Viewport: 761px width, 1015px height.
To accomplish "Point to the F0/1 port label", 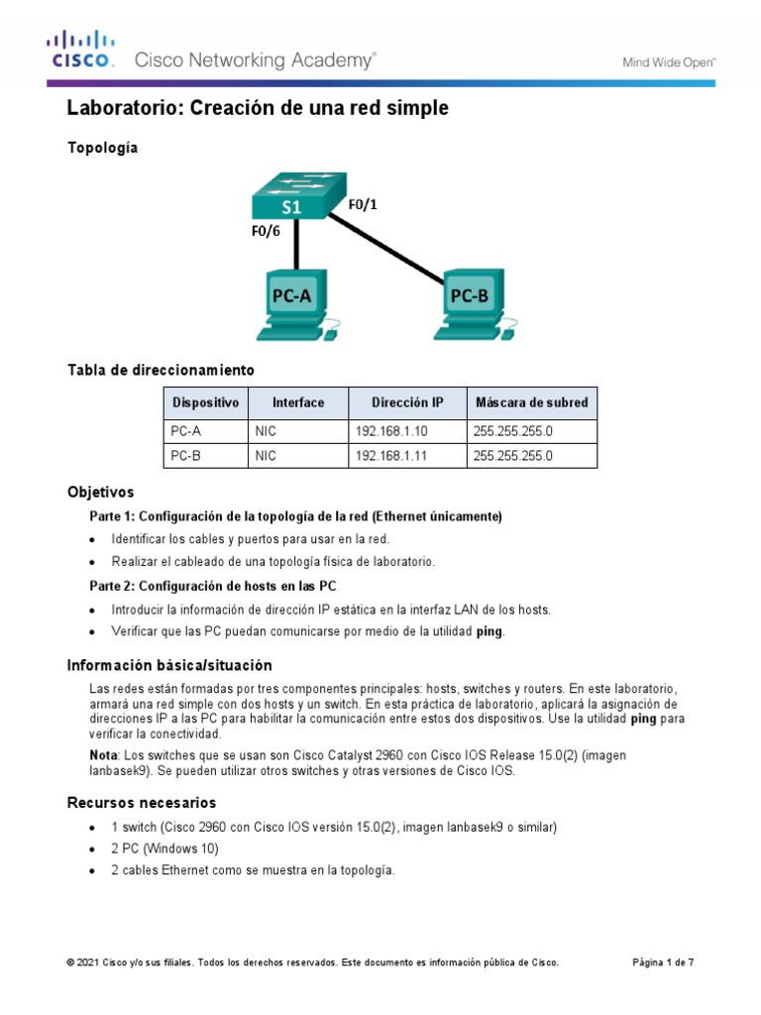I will [x=363, y=205].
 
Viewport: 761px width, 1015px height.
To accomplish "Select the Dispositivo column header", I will [x=205, y=402].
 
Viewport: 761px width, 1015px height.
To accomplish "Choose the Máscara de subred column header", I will [x=531, y=402].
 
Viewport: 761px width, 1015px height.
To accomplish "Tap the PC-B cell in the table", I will [x=185, y=456].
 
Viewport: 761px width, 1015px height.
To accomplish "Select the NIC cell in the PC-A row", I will [x=266, y=431].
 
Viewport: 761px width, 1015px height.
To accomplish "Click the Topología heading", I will [x=102, y=148].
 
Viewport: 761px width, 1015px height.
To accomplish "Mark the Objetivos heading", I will [x=100, y=492].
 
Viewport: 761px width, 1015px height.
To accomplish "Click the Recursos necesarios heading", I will [x=141, y=802].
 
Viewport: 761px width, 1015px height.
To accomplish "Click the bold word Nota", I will [x=104, y=755].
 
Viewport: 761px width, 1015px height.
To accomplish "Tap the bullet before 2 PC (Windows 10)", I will [x=92, y=849].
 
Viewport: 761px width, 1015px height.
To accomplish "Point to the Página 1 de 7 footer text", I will [x=663, y=962].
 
